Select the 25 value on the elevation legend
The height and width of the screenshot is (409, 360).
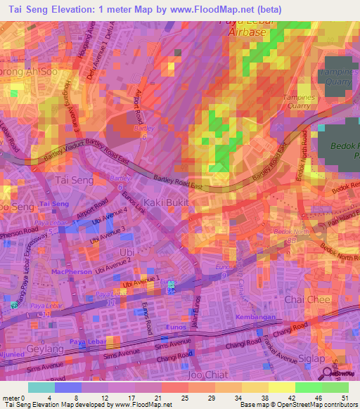(x=184, y=398)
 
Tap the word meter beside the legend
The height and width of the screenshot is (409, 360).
(x=12, y=398)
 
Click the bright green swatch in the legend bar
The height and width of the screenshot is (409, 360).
(x=308, y=387)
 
